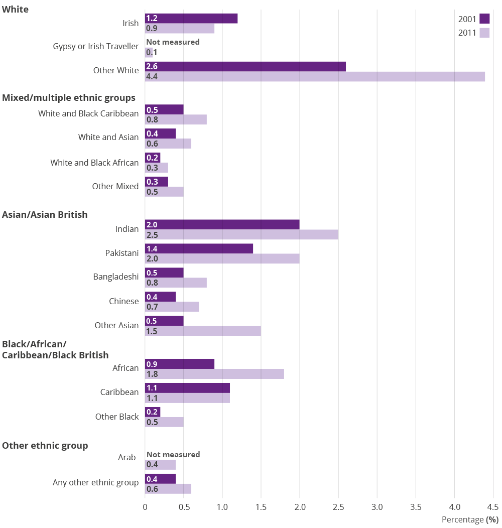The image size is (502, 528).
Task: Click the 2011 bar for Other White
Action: click(315, 77)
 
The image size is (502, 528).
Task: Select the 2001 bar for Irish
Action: click(191, 19)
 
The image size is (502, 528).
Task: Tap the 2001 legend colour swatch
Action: click(484, 19)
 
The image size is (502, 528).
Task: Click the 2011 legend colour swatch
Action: click(484, 33)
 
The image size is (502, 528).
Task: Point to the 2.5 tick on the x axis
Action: click(338, 507)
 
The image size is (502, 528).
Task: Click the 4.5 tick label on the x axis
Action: click(492, 507)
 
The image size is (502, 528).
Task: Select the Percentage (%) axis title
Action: click(470, 520)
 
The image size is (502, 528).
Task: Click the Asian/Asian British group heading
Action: click(45, 215)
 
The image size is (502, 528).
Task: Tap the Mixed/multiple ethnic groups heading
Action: click(69, 97)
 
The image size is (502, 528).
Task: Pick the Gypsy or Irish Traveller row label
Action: click(96, 46)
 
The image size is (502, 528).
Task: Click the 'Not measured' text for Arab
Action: click(173, 454)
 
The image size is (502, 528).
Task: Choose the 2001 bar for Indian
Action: click(222, 224)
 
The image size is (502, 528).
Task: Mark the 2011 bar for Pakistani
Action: click(222, 258)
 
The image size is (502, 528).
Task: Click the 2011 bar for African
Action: click(214, 374)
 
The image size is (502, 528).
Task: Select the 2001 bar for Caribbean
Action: click(187, 388)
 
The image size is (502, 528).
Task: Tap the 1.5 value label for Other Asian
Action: click(151, 331)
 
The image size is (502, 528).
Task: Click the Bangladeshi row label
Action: click(116, 277)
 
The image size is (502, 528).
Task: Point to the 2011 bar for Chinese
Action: click(172, 307)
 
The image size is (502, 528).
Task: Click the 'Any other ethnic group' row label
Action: click(96, 483)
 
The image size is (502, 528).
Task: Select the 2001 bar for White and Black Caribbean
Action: click(164, 109)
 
